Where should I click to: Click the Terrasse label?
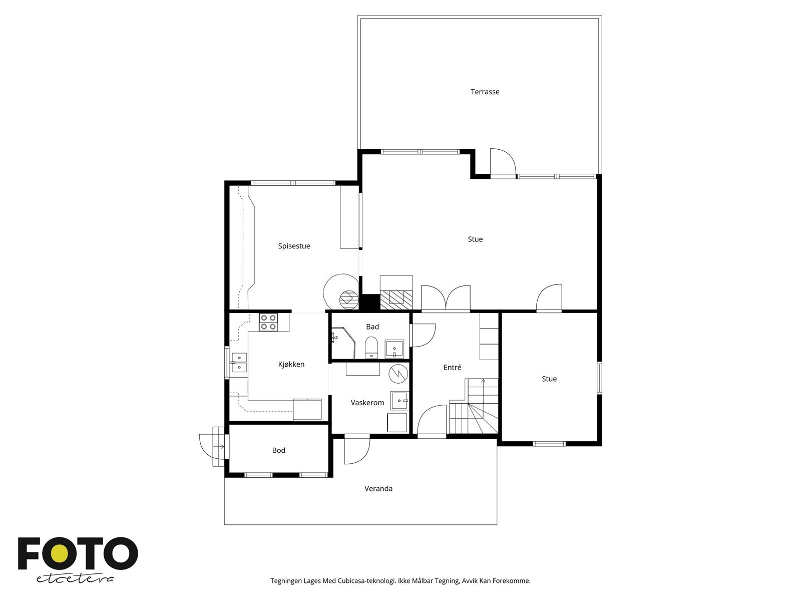tap(485, 92)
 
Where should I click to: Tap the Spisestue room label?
tap(294, 246)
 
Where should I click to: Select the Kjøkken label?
tap(291, 364)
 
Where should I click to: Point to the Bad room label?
tap(372, 327)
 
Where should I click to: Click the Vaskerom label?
tap(367, 403)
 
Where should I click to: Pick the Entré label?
tap(452, 367)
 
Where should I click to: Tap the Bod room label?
tap(278, 450)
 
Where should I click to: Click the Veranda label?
tap(378, 488)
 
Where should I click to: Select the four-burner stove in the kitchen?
tap(268, 322)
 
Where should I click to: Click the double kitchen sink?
tap(239, 363)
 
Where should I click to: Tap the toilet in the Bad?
tap(371, 347)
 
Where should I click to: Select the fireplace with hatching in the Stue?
tap(396, 298)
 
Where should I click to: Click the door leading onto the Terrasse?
tap(503, 164)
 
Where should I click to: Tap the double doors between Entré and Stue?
tap(446, 299)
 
